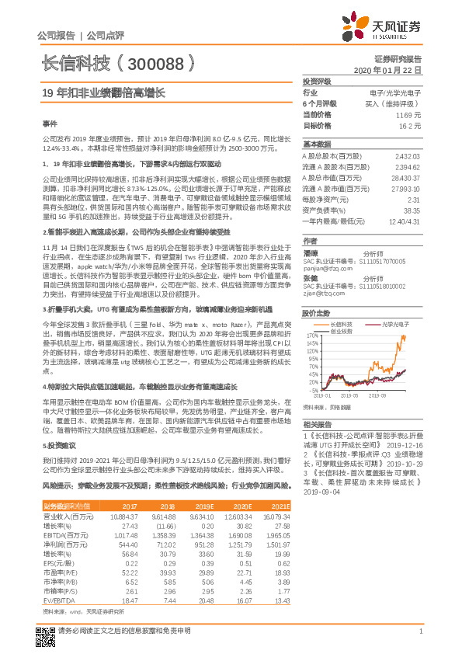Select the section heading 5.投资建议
point(61,448)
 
